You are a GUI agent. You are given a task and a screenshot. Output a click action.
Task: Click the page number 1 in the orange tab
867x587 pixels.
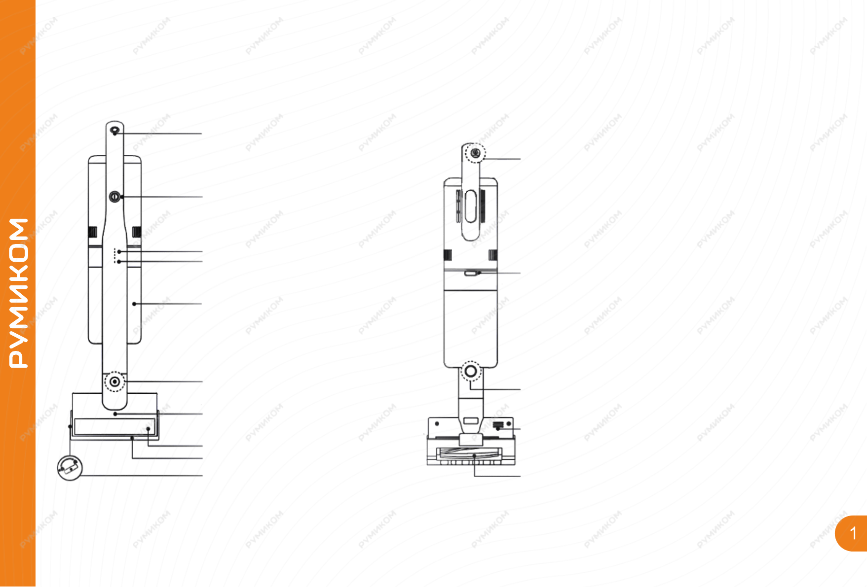click(x=853, y=533)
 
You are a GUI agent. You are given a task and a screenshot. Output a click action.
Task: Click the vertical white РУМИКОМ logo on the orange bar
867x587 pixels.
click(x=19, y=293)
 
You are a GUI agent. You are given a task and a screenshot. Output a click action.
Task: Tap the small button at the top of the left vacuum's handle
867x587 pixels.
click(x=114, y=131)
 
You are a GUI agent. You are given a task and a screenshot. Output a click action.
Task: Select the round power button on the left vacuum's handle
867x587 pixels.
click(x=114, y=197)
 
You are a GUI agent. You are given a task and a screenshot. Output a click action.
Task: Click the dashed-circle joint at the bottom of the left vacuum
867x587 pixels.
click(x=114, y=381)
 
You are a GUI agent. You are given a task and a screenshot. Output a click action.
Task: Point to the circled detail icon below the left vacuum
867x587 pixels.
click(x=70, y=468)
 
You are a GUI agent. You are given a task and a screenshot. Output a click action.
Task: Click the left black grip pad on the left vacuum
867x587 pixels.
click(x=92, y=231)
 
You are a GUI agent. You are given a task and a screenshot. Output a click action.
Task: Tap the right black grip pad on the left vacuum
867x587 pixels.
click(x=137, y=231)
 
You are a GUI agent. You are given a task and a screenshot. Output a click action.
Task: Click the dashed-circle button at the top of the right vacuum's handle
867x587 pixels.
click(x=475, y=153)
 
